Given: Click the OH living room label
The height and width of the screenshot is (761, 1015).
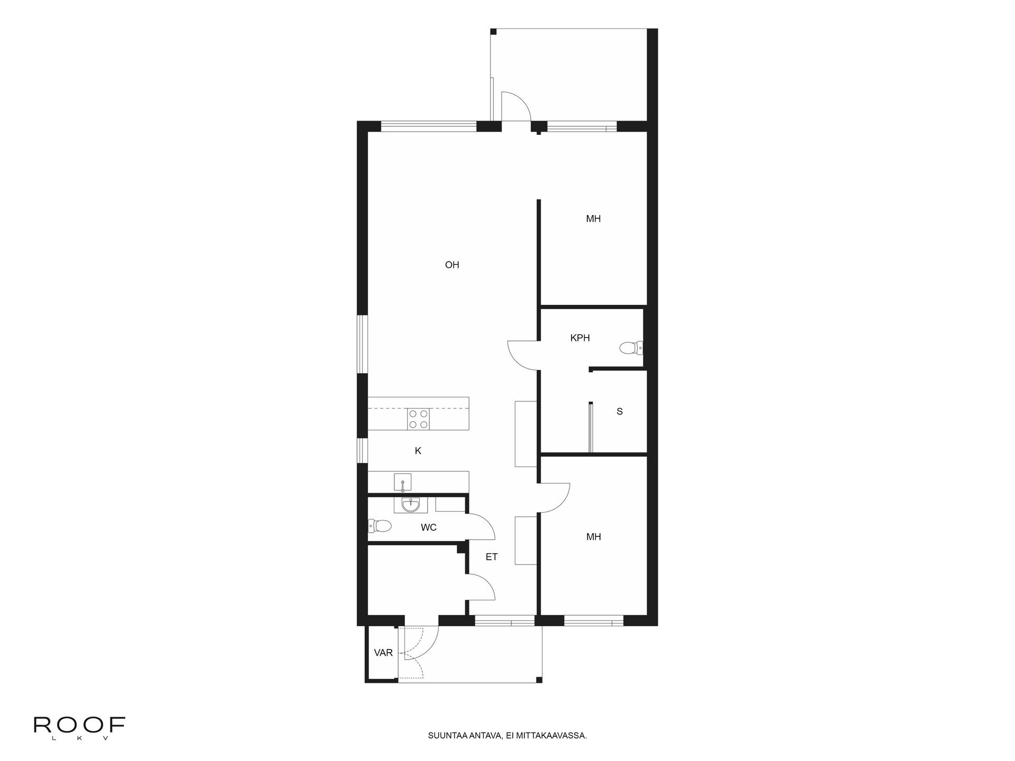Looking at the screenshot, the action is click(x=452, y=265).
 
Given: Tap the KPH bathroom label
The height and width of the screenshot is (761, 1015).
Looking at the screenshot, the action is click(x=580, y=338).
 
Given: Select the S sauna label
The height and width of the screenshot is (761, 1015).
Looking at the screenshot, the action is click(x=620, y=412).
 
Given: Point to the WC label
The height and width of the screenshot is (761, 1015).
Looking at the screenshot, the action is click(x=429, y=527).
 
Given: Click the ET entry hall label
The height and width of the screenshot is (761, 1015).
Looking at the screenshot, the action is click(x=492, y=557).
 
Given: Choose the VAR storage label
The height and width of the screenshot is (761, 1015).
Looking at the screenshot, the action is click(x=383, y=653).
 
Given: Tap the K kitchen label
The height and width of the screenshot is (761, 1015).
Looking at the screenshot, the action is click(x=418, y=451).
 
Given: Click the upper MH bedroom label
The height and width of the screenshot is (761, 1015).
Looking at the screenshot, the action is click(x=593, y=219).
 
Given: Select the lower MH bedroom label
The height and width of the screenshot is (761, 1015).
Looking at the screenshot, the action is click(x=593, y=537).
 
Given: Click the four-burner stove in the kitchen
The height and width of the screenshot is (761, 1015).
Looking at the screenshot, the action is click(x=418, y=419).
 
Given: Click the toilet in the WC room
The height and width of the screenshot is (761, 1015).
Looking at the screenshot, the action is click(x=380, y=526).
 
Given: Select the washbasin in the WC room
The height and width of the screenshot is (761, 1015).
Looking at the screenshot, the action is click(x=410, y=505).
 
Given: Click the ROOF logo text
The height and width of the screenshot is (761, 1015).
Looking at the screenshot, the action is click(x=79, y=725).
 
